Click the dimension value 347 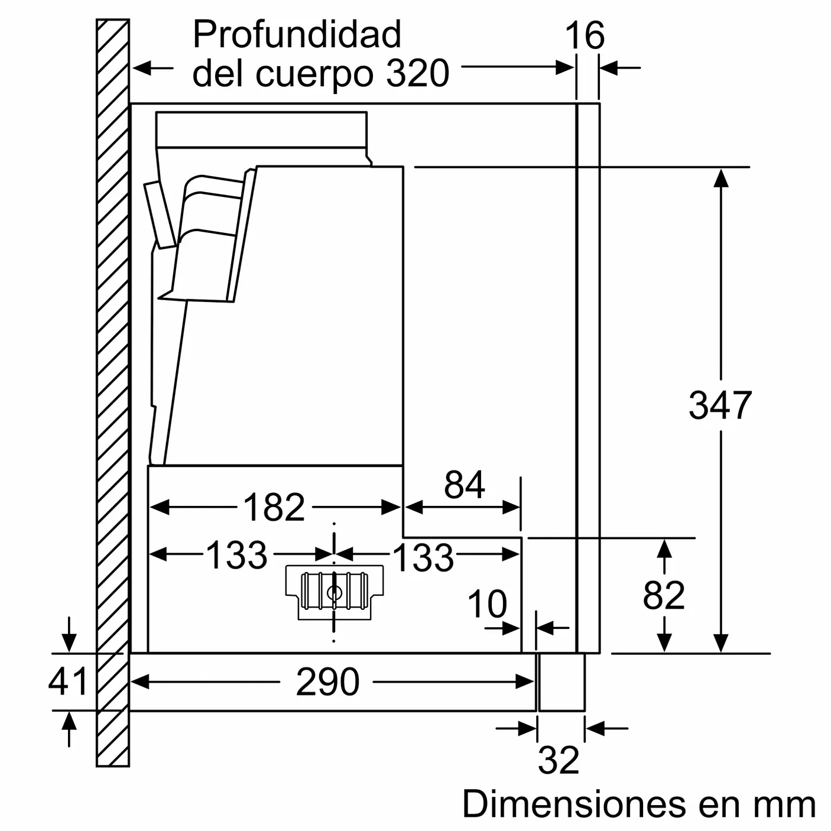pyautogui.click(x=719, y=405)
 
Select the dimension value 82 pyautogui.click(x=664, y=595)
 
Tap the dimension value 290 pyautogui.click(x=327, y=682)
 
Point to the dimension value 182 pyautogui.click(x=274, y=507)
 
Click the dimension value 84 pyautogui.click(x=465, y=485)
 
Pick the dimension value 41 pyautogui.click(x=68, y=681)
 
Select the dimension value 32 pyautogui.click(x=559, y=760)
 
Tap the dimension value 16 pyautogui.click(x=585, y=36)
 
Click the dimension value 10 pyautogui.click(x=487, y=604)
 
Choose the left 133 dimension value pyautogui.click(x=236, y=556)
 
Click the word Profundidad pyautogui.click(x=297, y=35)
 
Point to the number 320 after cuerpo pyautogui.click(x=418, y=74)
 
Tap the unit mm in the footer pyautogui.click(x=784, y=805)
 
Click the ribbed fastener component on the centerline pyautogui.click(x=335, y=591)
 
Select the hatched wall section pyautogui.click(x=113, y=390)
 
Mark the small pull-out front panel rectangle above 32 pyautogui.click(x=561, y=682)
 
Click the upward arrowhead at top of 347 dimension pyautogui.click(x=720, y=177)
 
